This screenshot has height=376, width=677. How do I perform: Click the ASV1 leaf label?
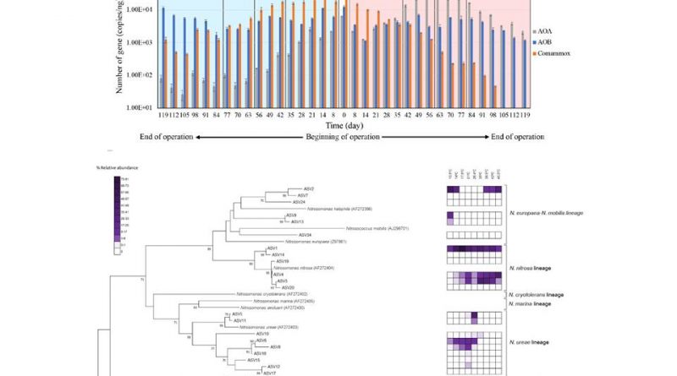272,248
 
